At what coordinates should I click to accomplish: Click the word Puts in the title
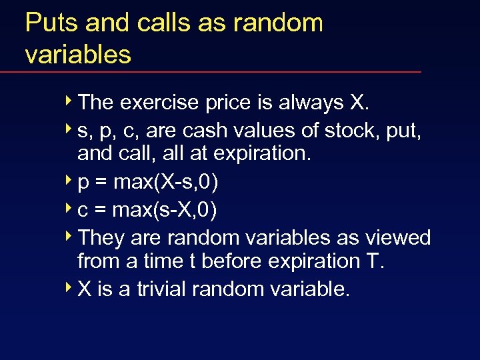pyautogui.click(x=47, y=23)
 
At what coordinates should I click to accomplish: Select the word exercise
pyautogui.click(x=161, y=103)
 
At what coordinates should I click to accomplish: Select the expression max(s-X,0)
pyautogui.click(x=175, y=210)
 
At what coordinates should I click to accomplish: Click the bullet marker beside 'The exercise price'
pyautogui.click(x=70, y=103)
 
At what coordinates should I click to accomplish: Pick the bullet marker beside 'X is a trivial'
pyautogui.click(x=70, y=289)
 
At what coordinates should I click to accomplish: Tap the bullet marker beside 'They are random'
pyautogui.click(x=70, y=237)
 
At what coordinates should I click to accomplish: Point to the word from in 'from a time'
pyautogui.click(x=97, y=261)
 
